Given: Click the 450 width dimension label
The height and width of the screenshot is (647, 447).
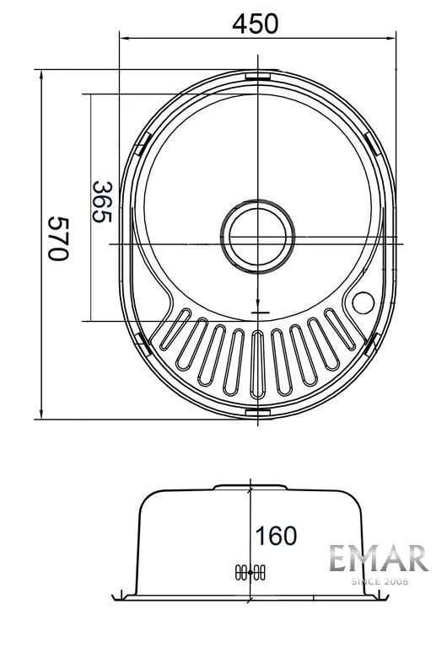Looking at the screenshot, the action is point(256,24).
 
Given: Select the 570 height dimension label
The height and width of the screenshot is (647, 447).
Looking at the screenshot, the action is point(57,239).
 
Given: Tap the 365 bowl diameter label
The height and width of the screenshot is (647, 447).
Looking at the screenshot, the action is point(101,202).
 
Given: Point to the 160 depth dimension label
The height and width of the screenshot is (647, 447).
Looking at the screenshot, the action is point(276,536).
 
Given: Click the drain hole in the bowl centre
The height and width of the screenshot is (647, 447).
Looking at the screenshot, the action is point(258,237).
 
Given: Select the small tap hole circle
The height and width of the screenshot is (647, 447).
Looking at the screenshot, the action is point(364,302).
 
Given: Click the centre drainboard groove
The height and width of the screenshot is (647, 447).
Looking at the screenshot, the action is point(258,365).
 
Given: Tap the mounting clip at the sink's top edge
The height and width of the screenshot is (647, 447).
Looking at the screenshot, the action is point(258,76).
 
